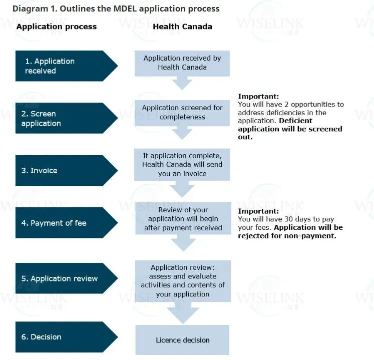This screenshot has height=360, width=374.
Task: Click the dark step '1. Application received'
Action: coord(60,66)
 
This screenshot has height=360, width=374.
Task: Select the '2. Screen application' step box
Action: coord(60,119)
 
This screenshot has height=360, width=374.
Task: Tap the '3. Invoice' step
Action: coord(60,171)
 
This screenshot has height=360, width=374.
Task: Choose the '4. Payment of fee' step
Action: coord(60,223)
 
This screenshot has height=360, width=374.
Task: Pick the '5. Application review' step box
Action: coord(60,278)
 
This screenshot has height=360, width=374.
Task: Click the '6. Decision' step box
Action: coord(60,337)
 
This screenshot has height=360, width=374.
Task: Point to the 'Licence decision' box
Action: coord(182,340)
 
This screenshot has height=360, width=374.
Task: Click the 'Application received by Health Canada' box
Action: coord(182,63)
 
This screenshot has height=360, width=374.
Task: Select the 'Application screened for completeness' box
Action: coord(182,112)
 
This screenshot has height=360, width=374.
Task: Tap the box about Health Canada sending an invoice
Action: coord(182,164)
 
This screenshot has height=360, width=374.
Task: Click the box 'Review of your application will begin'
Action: coord(183,219)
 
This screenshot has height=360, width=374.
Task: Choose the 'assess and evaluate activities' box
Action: coord(183,281)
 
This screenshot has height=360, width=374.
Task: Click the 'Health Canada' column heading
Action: coord(182,27)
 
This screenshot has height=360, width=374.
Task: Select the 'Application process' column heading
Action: coord(57,27)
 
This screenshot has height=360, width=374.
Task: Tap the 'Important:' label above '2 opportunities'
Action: coord(258,97)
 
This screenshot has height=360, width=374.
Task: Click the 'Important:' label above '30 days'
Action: coord(258,211)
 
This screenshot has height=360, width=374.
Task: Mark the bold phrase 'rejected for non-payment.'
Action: coord(287,236)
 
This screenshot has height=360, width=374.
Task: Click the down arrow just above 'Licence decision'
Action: coord(182,314)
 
